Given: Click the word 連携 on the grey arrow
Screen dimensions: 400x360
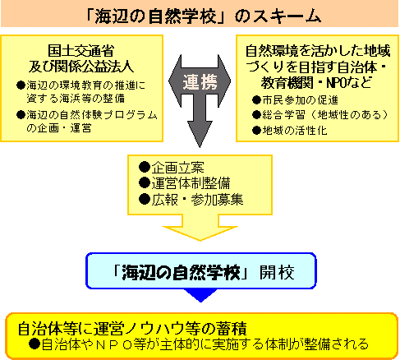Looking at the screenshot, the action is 200,82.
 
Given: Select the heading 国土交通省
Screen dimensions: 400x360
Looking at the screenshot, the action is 81,51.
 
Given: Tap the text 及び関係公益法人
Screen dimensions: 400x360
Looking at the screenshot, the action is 81,67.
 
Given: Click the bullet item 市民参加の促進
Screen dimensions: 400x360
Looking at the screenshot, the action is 295,100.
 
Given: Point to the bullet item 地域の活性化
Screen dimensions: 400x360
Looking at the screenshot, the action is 290,130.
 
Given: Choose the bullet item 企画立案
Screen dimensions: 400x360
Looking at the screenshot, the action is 172,167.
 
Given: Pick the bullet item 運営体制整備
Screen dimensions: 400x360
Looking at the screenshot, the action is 185,183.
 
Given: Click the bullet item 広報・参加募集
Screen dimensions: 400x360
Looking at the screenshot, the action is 191,199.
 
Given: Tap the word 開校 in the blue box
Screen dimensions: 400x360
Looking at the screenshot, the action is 277,272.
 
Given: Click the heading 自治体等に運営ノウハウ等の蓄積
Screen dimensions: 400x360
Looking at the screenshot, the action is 132,328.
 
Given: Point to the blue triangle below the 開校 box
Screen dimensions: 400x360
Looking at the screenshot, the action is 200,294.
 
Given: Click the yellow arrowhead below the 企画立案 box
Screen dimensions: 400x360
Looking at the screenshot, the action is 200,233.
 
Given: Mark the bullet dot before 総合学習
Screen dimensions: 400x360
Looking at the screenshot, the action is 256,115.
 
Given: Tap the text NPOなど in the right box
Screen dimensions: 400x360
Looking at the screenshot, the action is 349,82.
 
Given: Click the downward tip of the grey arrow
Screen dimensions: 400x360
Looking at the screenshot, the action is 200,147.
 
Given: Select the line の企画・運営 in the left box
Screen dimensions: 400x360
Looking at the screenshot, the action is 58,128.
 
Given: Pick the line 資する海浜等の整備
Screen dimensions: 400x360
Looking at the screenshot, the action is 76,98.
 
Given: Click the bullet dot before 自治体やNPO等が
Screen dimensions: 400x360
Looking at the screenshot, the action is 34,344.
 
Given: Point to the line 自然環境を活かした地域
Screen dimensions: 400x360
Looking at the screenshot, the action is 318,51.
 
